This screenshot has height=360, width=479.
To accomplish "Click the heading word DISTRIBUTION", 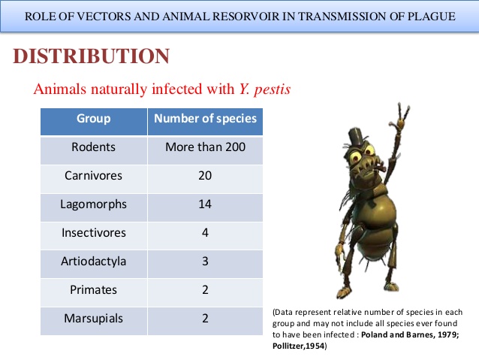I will click(92, 56).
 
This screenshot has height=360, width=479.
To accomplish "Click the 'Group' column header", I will click(93, 119).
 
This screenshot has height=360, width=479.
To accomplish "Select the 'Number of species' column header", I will click(205, 119).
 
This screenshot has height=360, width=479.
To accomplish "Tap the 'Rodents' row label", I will click(93, 147).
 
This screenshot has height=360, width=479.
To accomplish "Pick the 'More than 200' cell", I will click(205, 147).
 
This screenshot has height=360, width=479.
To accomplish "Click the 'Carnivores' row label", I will click(93, 176).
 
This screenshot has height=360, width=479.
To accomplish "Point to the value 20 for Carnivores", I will click(205, 176).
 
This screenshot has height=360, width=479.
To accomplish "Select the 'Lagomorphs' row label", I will click(93, 204).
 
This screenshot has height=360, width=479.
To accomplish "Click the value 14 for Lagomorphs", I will click(205, 204).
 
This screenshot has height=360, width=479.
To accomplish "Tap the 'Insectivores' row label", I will click(93, 233).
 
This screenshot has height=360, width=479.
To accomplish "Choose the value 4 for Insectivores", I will click(205, 233).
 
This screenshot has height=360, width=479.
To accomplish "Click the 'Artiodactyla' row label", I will click(93, 262).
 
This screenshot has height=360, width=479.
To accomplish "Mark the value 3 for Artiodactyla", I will click(205, 262).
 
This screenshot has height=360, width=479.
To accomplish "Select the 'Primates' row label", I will click(93, 290).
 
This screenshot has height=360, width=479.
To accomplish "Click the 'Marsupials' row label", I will click(93, 318).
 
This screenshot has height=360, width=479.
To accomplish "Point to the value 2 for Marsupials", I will click(205, 318).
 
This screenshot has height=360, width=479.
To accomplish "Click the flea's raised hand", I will click(404, 113).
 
